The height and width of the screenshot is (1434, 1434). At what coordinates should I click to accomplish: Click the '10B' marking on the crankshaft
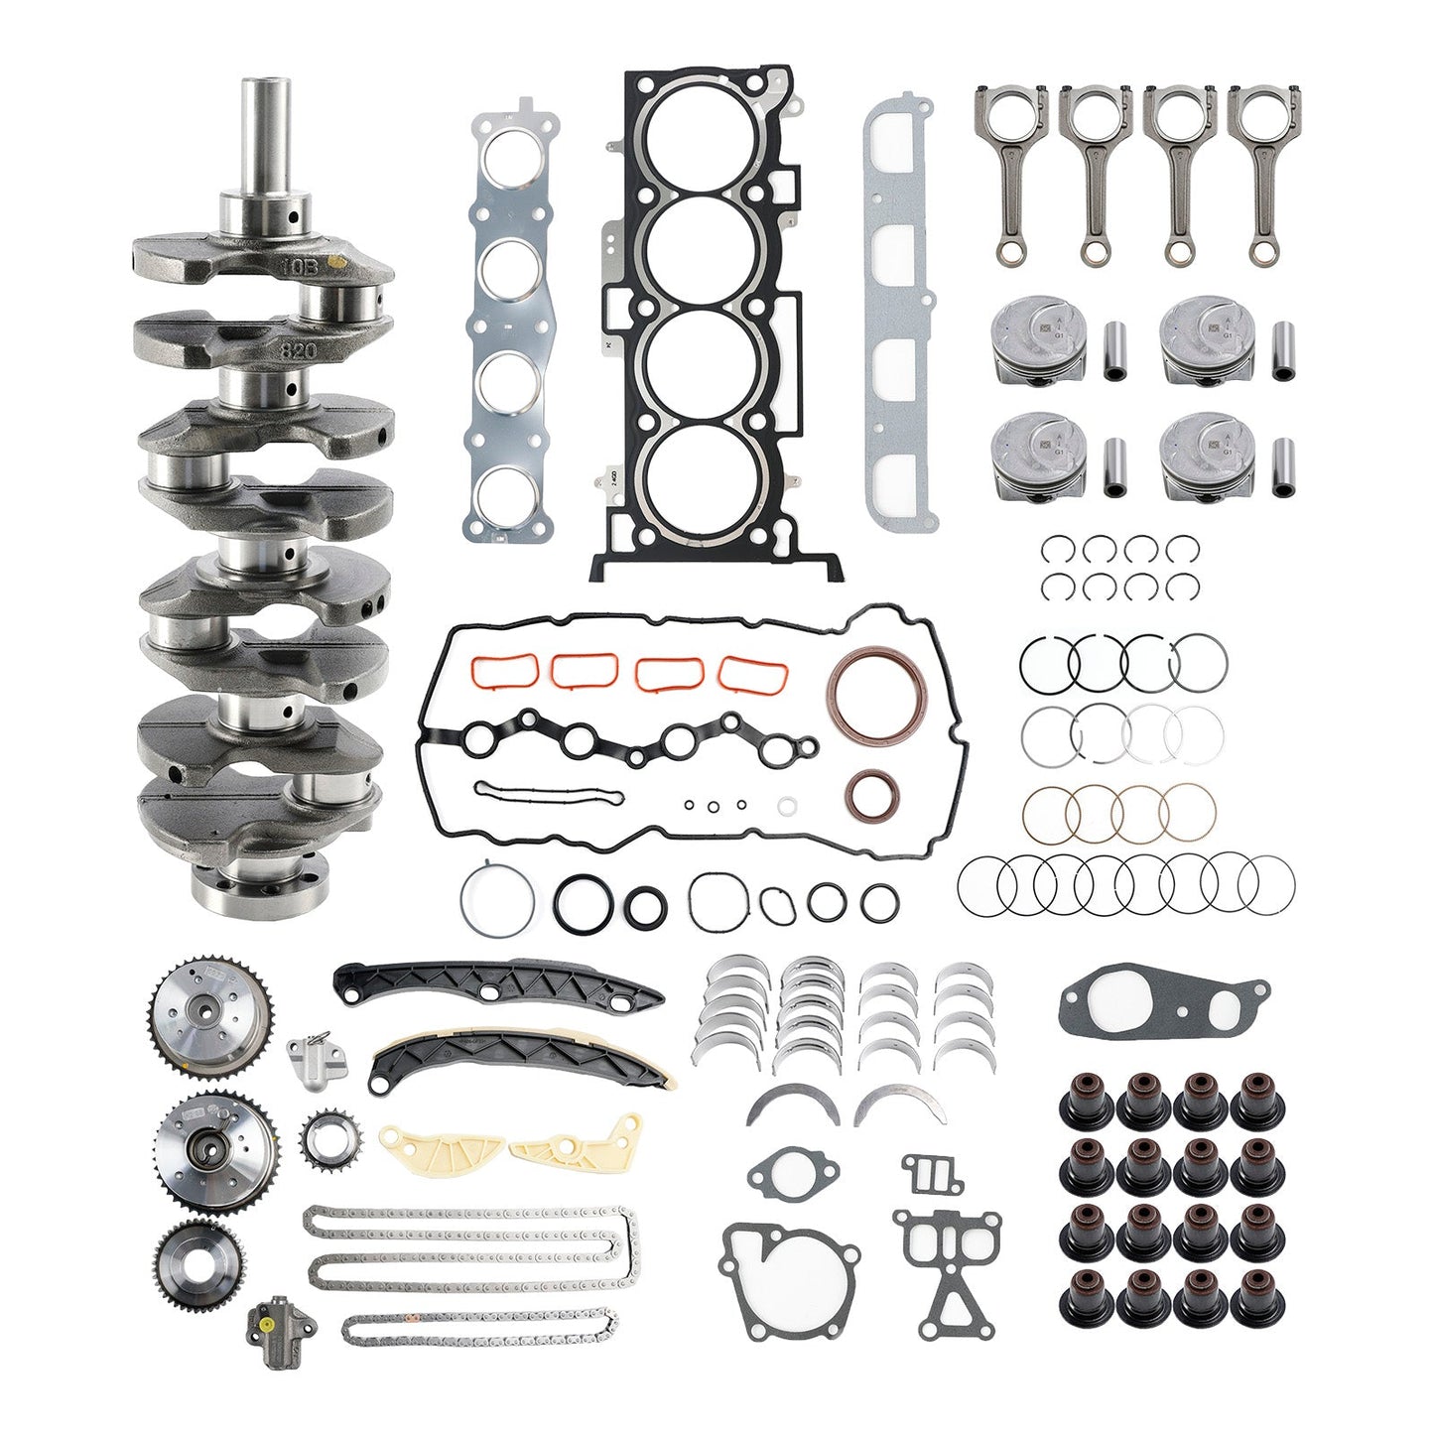click(297, 267)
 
